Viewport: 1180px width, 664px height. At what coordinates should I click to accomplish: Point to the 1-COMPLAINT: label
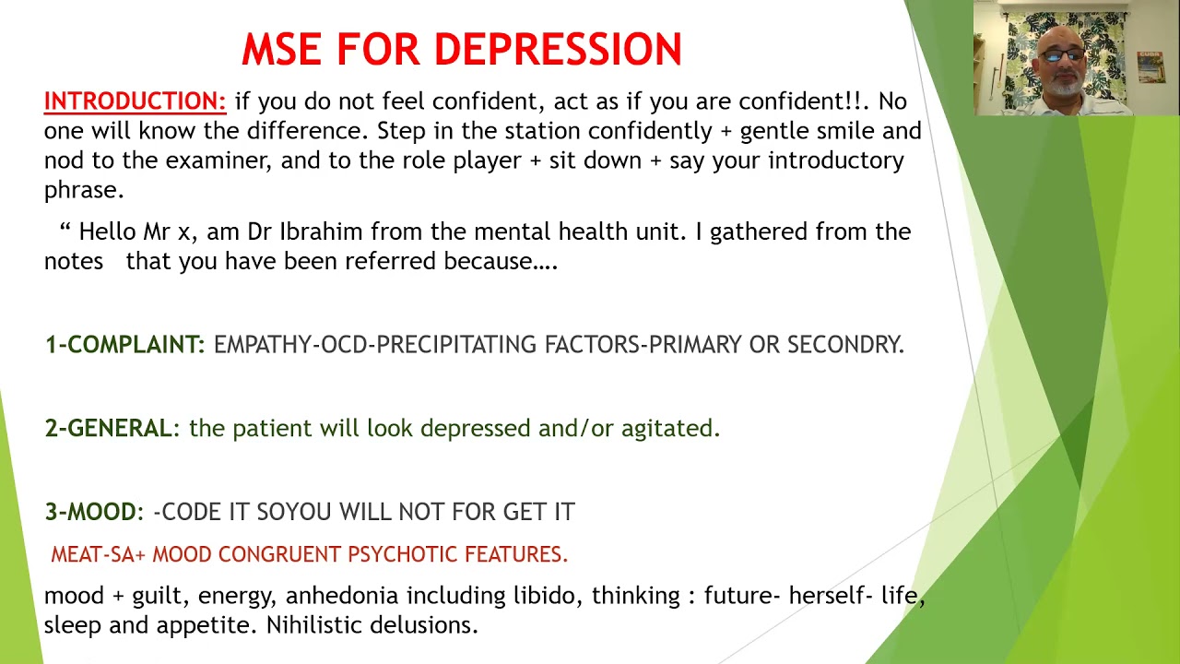click(x=124, y=345)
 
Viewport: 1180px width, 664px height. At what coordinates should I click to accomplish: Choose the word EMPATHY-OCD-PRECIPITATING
click(x=376, y=345)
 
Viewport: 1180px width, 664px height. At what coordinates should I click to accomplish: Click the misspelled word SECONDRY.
click(x=845, y=345)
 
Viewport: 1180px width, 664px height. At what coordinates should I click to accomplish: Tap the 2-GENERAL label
click(x=108, y=429)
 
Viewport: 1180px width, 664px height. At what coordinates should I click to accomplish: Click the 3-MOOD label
click(x=90, y=512)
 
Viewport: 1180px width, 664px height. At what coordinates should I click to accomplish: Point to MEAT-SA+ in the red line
click(x=98, y=554)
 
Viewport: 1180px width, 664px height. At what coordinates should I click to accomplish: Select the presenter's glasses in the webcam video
click(x=1065, y=55)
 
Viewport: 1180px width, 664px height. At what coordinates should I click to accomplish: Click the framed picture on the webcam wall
click(x=1150, y=67)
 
